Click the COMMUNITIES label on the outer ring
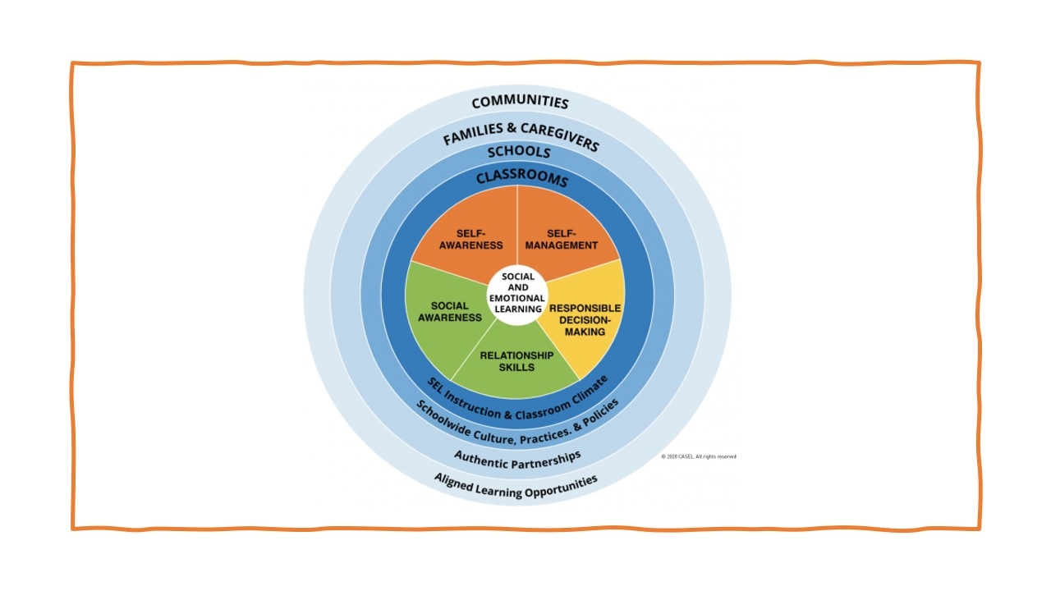tap(520, 103)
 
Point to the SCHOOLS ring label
tap(519, 152)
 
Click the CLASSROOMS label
tap(521, 177)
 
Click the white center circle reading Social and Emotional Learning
tap(517, 293)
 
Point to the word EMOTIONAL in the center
tap(517, 298)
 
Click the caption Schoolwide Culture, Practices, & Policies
tap(518, 425)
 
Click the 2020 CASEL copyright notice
tap(699, 456)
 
